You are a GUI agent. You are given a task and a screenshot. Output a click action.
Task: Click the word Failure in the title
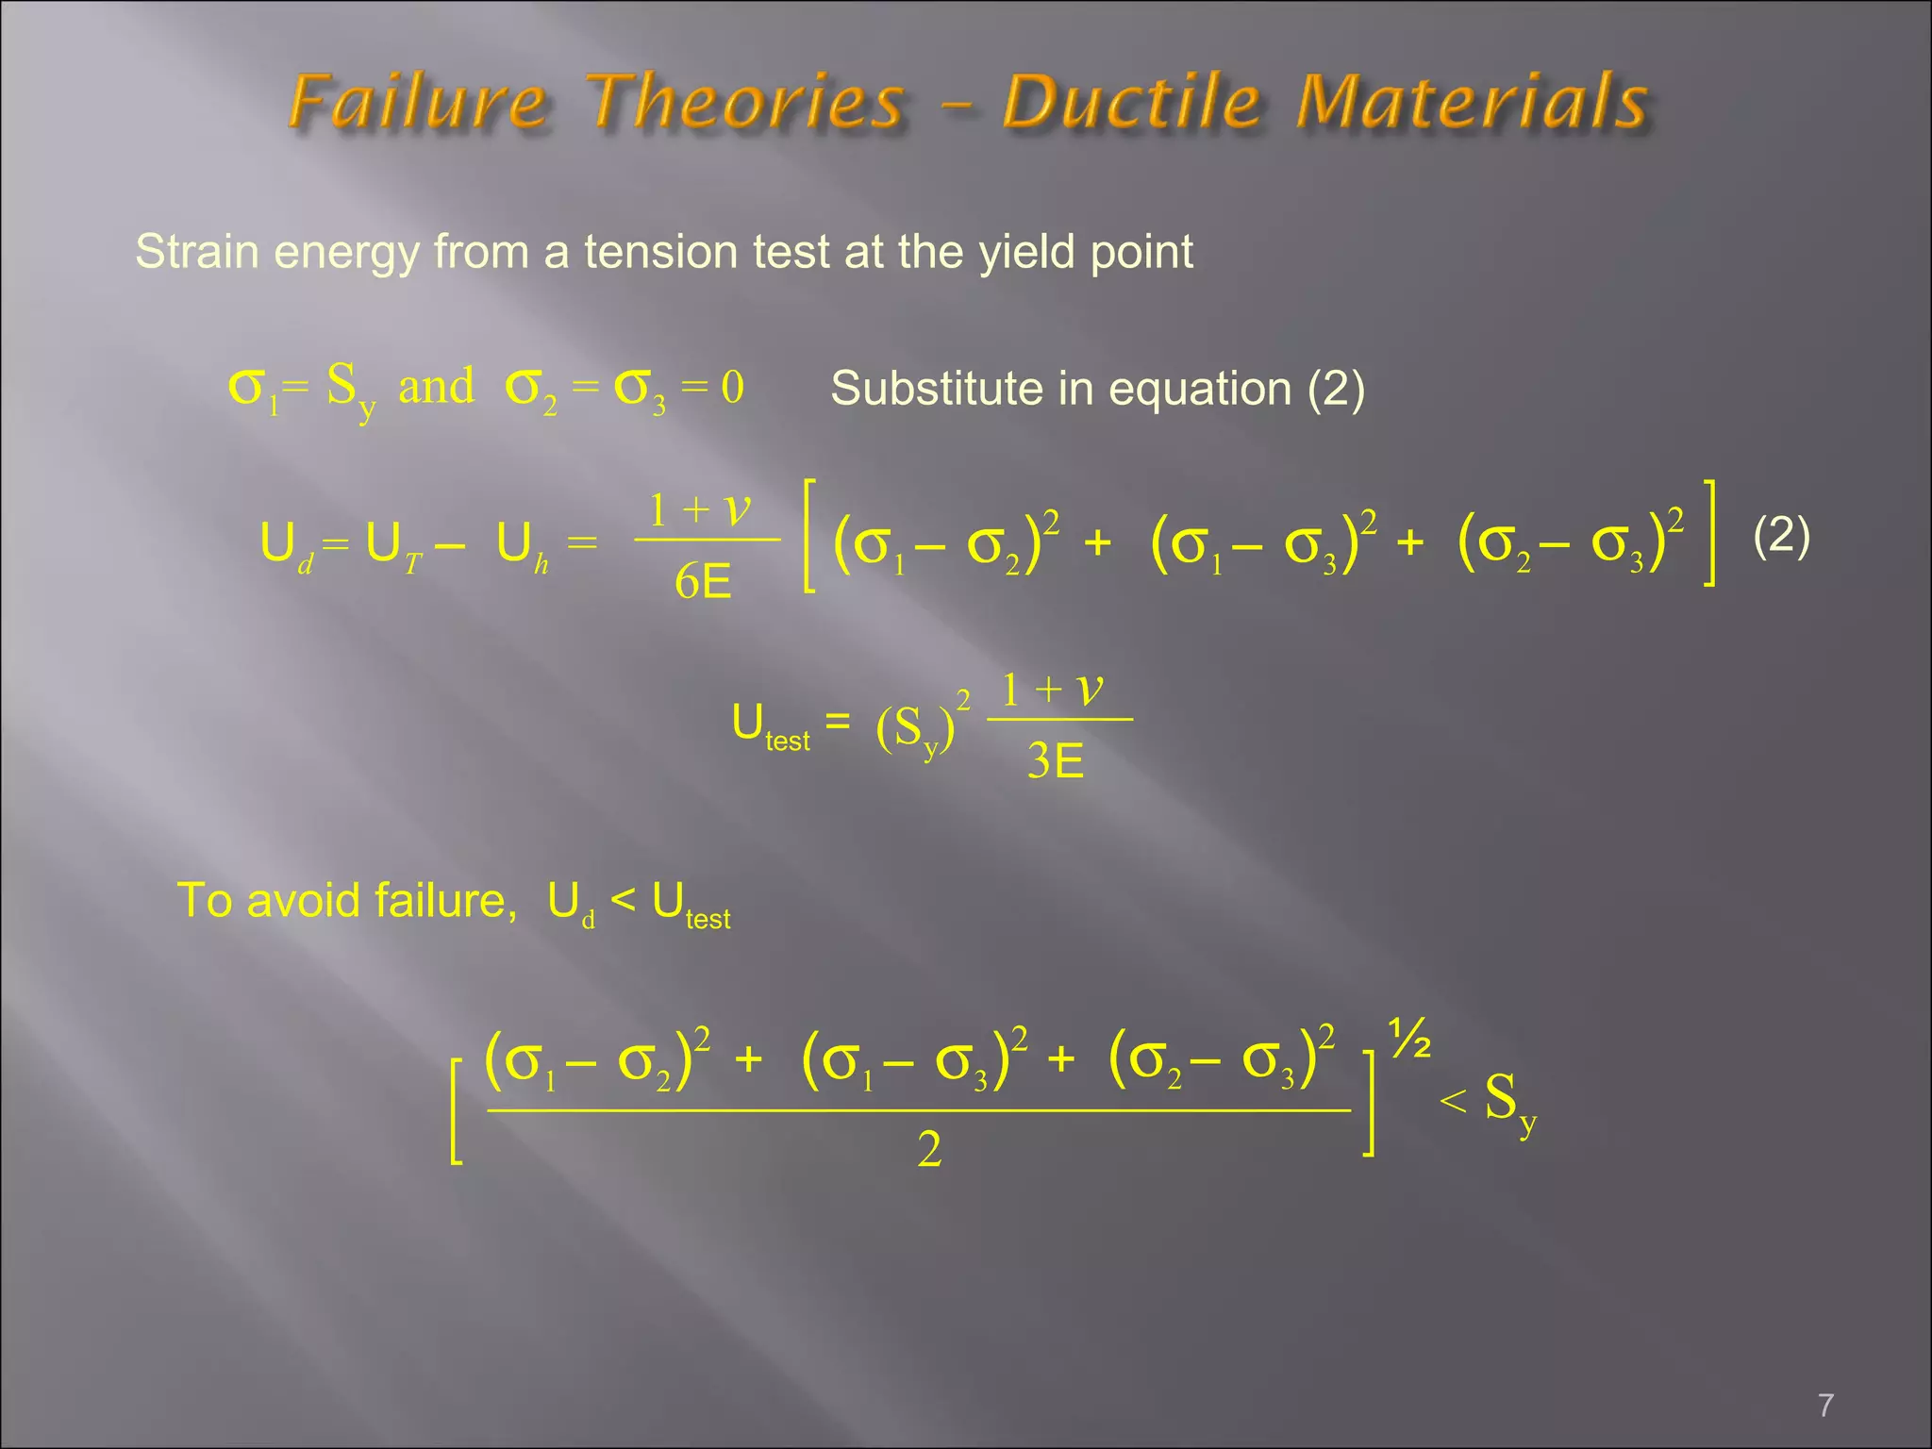[x=418, y=102]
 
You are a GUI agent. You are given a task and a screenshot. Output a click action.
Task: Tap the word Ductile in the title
[x=1131, y=102]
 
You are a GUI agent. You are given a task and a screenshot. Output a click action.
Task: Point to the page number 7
[x=1825, y=1406]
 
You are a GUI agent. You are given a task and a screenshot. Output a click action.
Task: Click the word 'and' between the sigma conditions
[x=436, y=387]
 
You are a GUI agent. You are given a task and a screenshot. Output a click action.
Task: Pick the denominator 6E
[x=703, y=582]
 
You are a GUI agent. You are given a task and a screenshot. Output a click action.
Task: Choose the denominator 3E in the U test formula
[x=1055, y=760]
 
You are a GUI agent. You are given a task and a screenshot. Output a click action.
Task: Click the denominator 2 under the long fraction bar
[x=929, y=1150]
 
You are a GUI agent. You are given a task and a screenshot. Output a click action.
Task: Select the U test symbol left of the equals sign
[x=769, y=727]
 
